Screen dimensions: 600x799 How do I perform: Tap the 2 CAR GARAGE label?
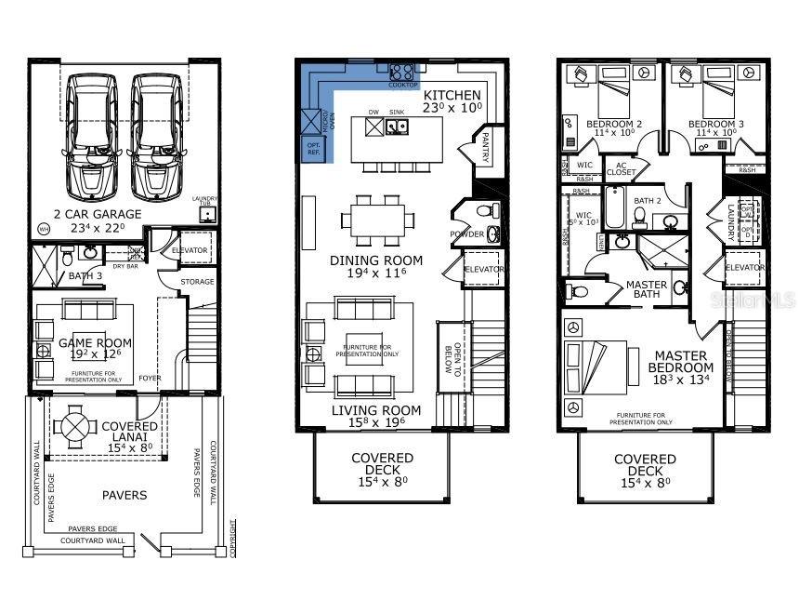point(98,214)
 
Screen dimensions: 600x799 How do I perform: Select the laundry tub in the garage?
point(207,214)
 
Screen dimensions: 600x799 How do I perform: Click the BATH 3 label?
point(84,276)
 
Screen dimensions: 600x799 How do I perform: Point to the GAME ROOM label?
point(96,342)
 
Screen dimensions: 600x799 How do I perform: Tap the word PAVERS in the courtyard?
point(124,495)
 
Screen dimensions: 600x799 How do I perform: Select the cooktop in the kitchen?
point(401,73)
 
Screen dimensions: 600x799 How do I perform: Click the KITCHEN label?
point(452,95)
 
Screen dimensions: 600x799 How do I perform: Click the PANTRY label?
point(484,147)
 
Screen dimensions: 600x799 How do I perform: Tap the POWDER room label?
point(465,234)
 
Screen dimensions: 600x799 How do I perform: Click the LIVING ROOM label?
point(376,410)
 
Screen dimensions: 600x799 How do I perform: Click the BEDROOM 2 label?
point(613,124)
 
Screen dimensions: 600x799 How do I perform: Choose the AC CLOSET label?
point(622,167)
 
